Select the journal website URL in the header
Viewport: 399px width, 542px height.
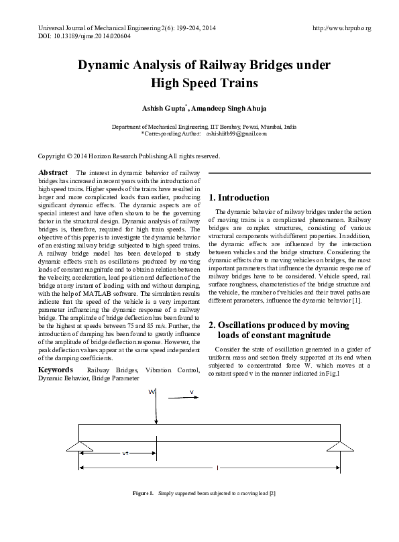[342, 28]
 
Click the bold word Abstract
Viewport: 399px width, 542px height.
[53, 172]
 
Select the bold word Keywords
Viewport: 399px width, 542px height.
[56, 370]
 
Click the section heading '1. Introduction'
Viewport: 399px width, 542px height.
[239, 198]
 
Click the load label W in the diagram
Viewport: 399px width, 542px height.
[152, 392]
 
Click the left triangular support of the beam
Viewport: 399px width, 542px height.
[79, 443]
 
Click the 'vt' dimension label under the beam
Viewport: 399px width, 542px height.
[125, 453]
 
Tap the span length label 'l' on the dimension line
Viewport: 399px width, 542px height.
[217, 468]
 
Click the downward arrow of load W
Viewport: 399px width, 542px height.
[158, 413]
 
